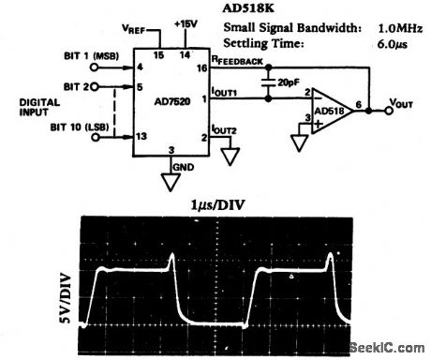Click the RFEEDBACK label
point(234,60)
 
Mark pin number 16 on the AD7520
point(201,67)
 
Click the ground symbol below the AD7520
point(171,181)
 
